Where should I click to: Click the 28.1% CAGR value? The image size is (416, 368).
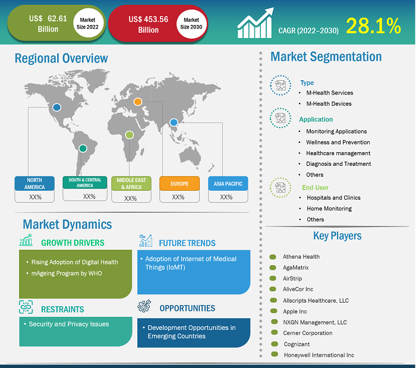pyautogui.click(x=373, y=25)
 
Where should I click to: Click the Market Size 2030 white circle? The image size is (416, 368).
pyautogui.click(x=191, y=24)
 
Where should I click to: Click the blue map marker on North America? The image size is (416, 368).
pyautogui.click(x=56, y=108)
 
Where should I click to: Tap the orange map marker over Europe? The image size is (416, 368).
pyautogui.click(x=137, y=102)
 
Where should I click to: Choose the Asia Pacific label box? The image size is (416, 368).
pyautogui.click(x=226, y=183)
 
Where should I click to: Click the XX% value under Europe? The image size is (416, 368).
pyautogui.click(x=178, y=197)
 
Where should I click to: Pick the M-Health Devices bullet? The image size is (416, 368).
pyautogui.click(x=329, y=103)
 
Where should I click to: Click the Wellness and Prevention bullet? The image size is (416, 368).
pyautogui.click(x=338, y=142)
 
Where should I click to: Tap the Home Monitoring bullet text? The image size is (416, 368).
pyautogui.click(x=329, y=209)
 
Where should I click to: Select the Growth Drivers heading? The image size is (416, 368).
pyautogui.click(x=73, y=243)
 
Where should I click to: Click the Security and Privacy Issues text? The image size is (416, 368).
pyautogui.click(x=69, y=324)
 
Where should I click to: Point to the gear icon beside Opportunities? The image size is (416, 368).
pyautogui.click(x=143, y=307)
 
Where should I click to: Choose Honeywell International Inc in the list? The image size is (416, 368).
pyautogui.click(x=319, y=355)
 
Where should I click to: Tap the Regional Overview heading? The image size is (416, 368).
pyautogui.click(x=61, y=58)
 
